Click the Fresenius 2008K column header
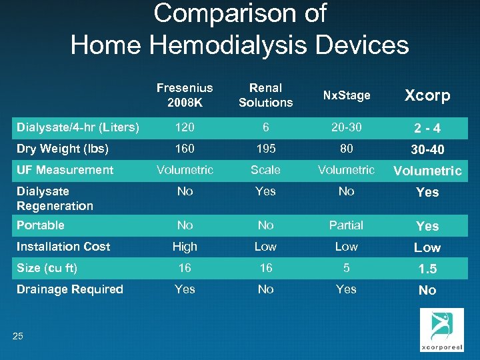[x=185, y=95]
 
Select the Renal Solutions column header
[x=265, y=95]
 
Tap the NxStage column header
[x=346, y=95]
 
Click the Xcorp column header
[x=427, y=95]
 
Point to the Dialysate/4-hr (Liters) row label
[x=78, y=127]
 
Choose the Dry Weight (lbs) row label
[x=63, y=149]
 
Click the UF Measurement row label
[x=65, y=170]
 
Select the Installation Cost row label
[x=63, y=247]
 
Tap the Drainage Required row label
[x=70, y=289]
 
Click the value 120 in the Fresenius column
[x=185, y=127]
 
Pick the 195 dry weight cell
[x=265, y=149]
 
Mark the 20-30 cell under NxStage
[x=346, y=127]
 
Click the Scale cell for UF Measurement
[x=265, y=170]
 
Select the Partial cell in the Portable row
[x=346, y=225]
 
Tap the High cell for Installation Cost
[x=185, y=247]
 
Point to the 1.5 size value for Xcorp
[x=427, y=269]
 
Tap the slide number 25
[x=17, y=336]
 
